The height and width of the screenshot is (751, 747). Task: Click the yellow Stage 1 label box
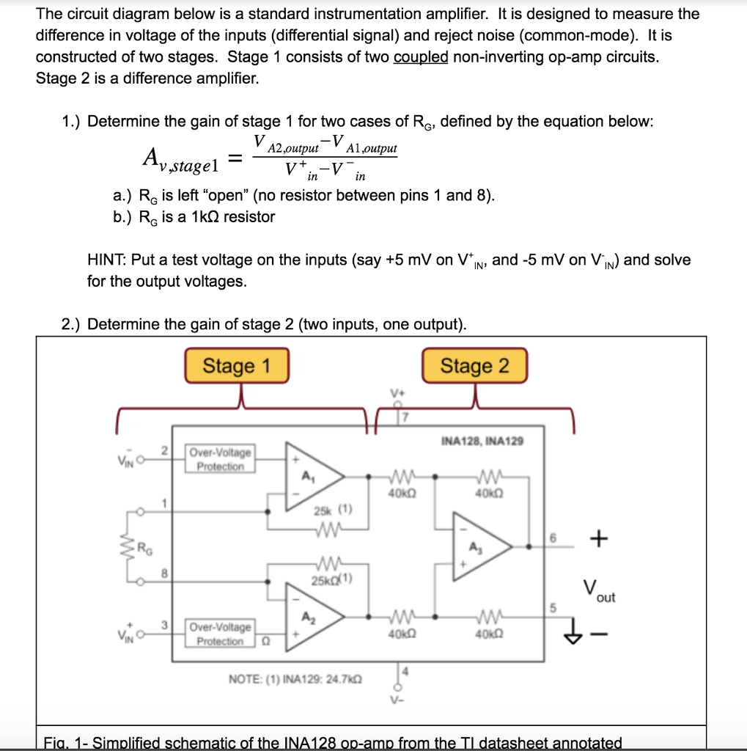point(236,365)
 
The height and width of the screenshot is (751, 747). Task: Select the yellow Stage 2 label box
point(474,365)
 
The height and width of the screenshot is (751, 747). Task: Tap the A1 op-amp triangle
point(312,476)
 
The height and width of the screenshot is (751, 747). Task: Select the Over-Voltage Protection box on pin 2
point(221,459)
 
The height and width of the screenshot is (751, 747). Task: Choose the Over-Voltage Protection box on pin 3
point(221,634)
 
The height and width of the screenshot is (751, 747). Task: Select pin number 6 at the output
point(555,538)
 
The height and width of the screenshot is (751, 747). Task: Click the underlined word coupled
point(421,57)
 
